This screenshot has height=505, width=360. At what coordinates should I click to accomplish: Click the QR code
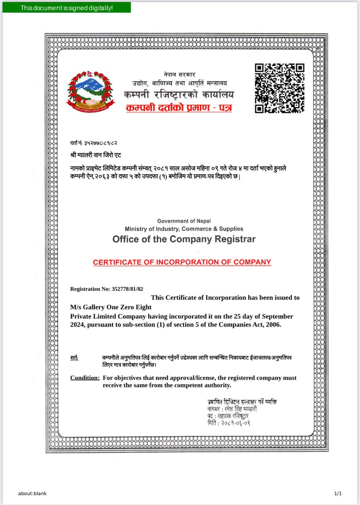pyautogui.click(x=280, y=88)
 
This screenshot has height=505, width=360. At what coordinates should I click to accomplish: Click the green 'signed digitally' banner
pyautogui.click(x=67, y=8)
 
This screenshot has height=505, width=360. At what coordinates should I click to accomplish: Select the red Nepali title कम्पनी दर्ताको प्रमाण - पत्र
pyautogui.click(x=179, y=107)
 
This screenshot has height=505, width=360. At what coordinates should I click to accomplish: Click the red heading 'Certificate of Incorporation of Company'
pyautogui.click(x=182, y=262)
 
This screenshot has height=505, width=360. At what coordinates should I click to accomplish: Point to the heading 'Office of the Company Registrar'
pyautogui.click(x=184, y=239)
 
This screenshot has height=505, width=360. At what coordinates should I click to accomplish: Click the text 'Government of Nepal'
pyautogui.click(x=184, y=221)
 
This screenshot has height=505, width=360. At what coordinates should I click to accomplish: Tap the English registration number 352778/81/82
pyautogui.click(x=127, y=289)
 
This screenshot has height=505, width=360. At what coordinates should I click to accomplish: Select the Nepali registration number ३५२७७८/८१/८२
pyautogui.click(x=101, y=143)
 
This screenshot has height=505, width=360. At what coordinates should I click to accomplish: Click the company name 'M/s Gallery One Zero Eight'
pyautogui.click(x=111, y=307)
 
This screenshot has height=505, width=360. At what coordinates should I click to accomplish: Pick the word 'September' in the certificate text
pyautogui.click(x=278, y=316)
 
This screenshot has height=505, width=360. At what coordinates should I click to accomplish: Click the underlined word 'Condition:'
pyautogui.click(x=85, y=378)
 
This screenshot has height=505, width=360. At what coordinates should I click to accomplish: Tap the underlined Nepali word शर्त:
pyautogui.click(x=74, y=358)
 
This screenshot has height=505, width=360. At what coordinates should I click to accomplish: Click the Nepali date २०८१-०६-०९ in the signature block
pyautogui.click(x=235, y=423)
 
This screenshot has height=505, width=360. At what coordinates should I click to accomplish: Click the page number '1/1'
pyautogui.click(x=338, y=493)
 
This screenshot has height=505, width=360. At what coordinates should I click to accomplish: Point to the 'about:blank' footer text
pyautogui.click(x=32, y=493)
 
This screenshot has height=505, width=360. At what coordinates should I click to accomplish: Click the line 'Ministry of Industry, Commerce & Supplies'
pyautogui.click(x=184, y=229)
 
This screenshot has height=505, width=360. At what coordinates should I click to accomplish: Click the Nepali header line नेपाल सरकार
pyautogui.click(x=179, y=75)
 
